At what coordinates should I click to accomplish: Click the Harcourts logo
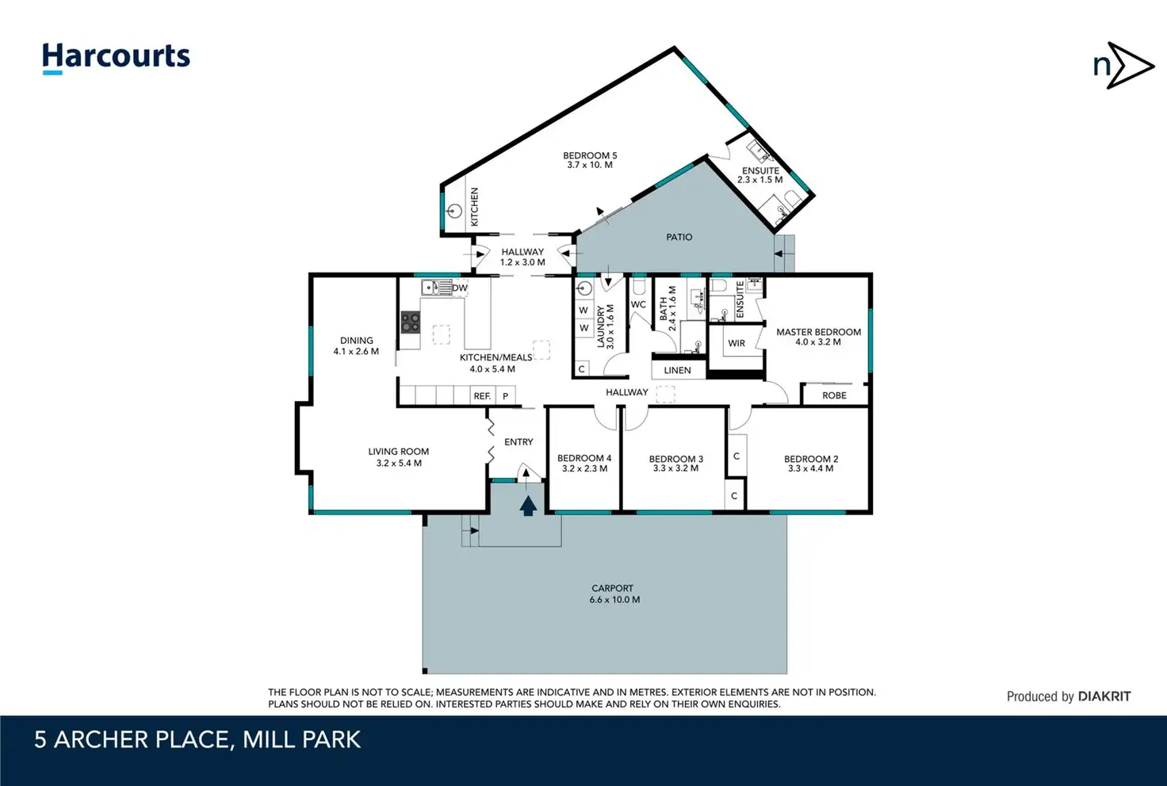pyautogui.click(x=117, y=59)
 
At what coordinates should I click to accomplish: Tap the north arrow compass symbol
pyautogui.click(x=1123, y=66)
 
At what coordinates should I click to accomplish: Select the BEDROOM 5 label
pyautogui.click(x=590, y=155)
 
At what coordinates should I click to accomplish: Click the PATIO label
pyautogui.click(x=679, y=238)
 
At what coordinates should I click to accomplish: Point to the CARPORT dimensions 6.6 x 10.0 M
pyautogui.click(x=614, y=600)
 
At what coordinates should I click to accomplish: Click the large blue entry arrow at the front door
pyautogui.click(x=528, y=506)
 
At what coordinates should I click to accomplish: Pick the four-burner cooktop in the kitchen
pyautogui.click(x=410, y=322)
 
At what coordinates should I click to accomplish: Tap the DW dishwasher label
pyautogui.click(x=460, y=288)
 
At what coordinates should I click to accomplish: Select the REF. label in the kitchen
pyautogui.click(x=482, y=396)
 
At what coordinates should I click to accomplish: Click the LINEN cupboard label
pyautogui.click(x=677, y=371)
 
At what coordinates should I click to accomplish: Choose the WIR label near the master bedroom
pyautogui.click(x=737, y=344)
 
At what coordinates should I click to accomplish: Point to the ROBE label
pyautogui.click(x=834, y=395)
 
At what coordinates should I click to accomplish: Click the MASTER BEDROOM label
pyautogui.click(x=818, y=332)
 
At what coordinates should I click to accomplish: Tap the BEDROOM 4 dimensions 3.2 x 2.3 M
pyautogui.click(x=584, y=468)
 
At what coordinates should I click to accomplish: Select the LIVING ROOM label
pyautogui.click(x=399, y=452)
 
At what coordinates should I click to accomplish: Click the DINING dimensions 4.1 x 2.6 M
pyautogui.click(x=356, y=351)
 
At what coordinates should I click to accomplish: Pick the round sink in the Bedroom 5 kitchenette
pyautogui.click(x=455, y=212)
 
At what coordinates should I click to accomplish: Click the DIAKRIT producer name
pyautogui.click(x=1104, y=696)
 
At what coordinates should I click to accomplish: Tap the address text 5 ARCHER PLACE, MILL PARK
pyautogui.click(x=197, y=740)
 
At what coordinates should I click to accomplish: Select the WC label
pyautogui.click(x=638, y=304)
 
